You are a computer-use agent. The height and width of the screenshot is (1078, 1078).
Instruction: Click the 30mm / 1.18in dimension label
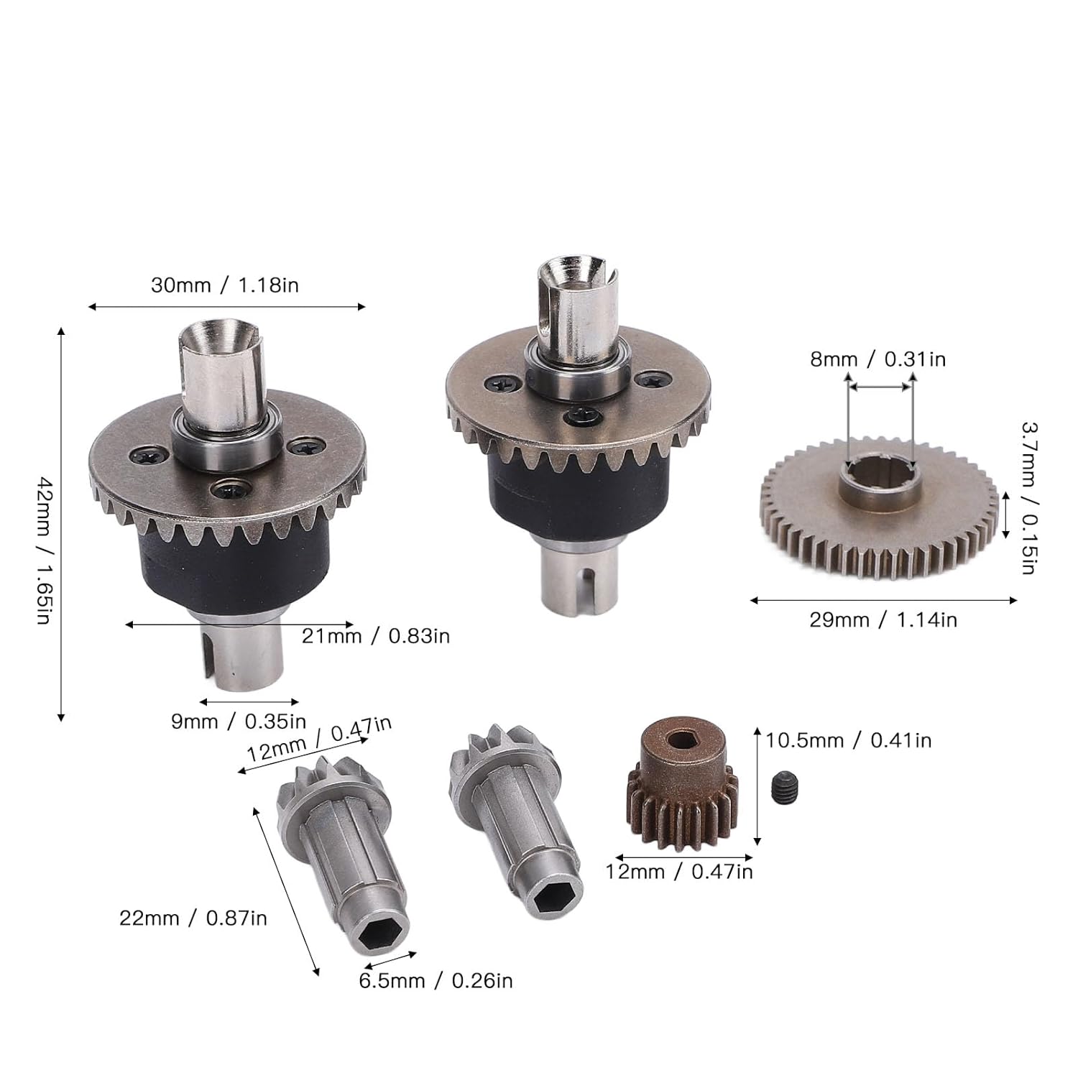[x=224, y=285]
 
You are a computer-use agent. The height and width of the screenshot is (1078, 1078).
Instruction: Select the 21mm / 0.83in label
[x=376, y=636]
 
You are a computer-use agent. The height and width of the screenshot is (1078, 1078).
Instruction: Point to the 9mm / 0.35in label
[x=239, y=721]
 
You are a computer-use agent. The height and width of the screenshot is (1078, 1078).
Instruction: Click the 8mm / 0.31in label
[x=878, y=359]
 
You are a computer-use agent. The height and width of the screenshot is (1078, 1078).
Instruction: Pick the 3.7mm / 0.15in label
[x=1028, y=498]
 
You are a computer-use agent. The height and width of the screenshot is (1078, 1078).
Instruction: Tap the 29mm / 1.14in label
[x=883, y=619]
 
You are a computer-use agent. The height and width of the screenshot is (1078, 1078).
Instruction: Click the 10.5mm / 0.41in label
[x=848, y=740]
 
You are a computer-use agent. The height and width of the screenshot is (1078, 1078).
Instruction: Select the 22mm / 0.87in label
[x=193, y=918]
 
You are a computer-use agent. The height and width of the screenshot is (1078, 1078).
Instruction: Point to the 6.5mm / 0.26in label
[x=436, y=980]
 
